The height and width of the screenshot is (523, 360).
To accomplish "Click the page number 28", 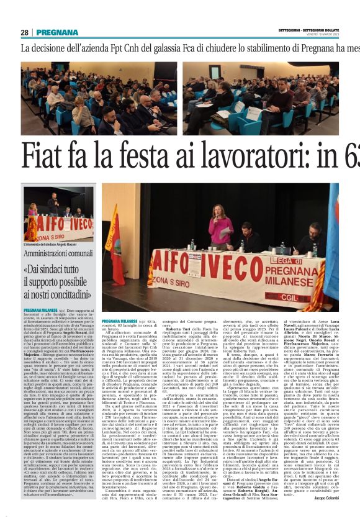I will point(25,32).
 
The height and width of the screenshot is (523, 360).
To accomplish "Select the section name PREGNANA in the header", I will point(57,32).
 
